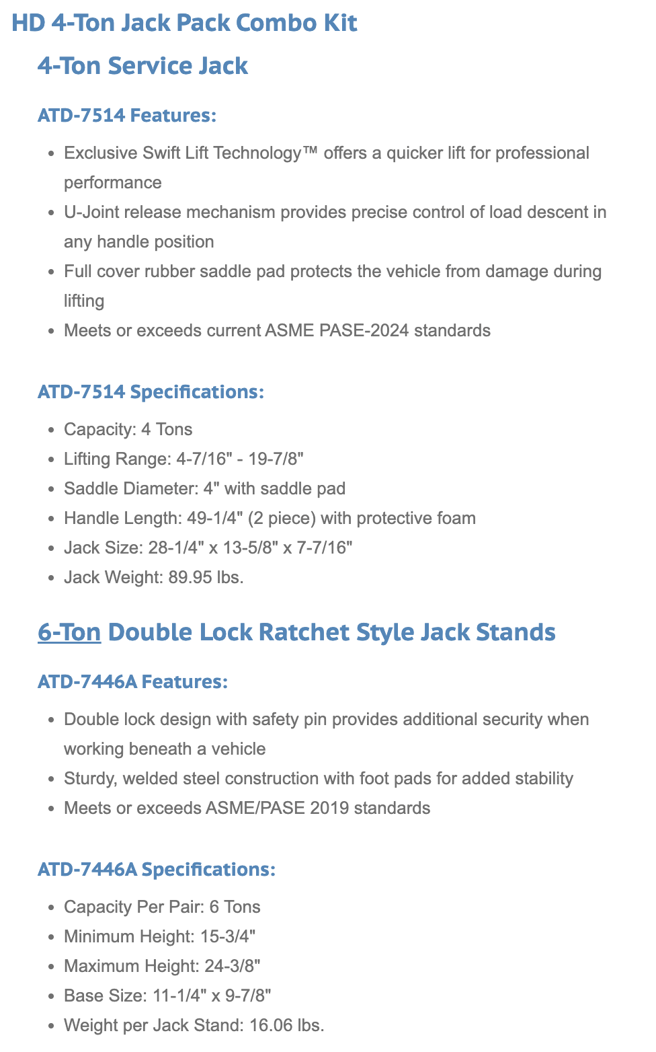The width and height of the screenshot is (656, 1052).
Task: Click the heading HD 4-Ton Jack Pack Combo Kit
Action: (x=184, y=23)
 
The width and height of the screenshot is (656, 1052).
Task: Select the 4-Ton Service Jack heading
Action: (x=142, y=66)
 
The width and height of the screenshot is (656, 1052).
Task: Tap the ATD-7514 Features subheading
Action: (x=127, y=116)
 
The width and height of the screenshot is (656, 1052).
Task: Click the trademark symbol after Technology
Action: (x=310, y=151)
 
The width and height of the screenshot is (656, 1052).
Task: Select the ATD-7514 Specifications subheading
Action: (x=151, y=392)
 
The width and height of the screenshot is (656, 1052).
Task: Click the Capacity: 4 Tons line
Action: (x=128, y=430)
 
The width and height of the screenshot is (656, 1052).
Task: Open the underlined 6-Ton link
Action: (x=69, y=632)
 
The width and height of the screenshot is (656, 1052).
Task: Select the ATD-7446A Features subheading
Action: (x=132, y=682)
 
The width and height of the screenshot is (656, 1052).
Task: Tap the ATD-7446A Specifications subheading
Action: (x=156, y=870)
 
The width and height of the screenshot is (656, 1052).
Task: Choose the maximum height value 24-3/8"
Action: (x=232, y=967)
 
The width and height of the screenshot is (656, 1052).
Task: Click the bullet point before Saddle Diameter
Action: (x=51, y=490)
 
